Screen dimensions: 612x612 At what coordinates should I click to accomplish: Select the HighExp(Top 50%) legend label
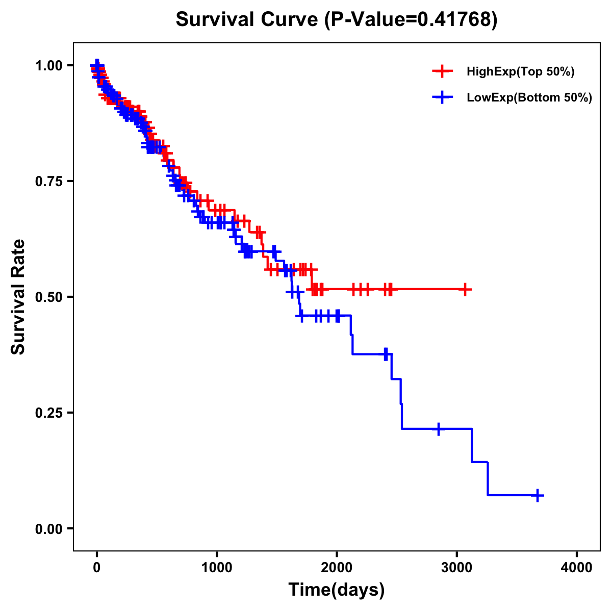click(x=520, y=72)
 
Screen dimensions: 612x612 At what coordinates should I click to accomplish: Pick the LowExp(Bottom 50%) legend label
click(x=529, y=98)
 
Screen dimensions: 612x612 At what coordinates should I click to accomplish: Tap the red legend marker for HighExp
click(x=442, y=72)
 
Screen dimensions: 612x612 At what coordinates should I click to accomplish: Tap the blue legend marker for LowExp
click(x=442, y=97)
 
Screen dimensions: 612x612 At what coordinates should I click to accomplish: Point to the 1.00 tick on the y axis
click(x=50, y=66)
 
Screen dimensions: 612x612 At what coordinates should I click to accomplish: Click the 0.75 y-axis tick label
click(x=50, y=182)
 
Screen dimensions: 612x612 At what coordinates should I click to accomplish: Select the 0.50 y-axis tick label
click(x=50, y=297)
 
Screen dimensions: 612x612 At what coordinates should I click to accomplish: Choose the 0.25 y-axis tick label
click(x=50, y=413)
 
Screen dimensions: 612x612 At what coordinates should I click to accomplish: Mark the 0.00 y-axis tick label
click(x=50, y=529)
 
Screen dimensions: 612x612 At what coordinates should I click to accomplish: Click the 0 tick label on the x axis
click(x=97, y=568)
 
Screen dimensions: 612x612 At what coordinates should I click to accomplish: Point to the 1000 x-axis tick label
click(x=217, y=568)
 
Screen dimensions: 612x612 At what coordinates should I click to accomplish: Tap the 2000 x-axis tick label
click(x=337, y=568)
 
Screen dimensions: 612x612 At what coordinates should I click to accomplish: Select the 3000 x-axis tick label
click(x=457, y=568)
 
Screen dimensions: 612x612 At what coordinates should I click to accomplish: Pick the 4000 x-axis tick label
click(x=577, y=568)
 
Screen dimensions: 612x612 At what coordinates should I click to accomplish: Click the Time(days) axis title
click(x=337, y=590)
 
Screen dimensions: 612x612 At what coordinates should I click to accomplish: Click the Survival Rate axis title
click(x=19, y=297)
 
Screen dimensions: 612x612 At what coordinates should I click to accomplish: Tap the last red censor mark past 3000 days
click(x=465, y=289)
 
